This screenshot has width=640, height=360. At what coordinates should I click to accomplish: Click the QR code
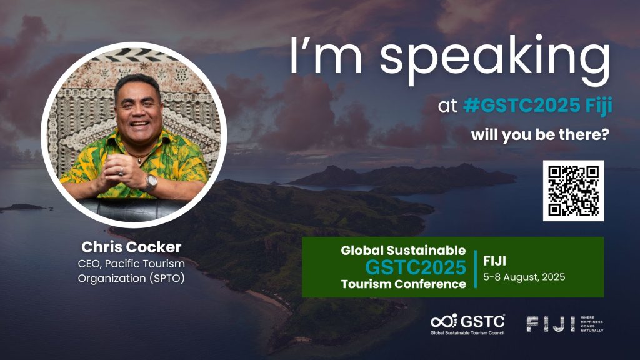pos(573,191)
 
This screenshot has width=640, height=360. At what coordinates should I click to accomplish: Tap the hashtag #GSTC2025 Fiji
pos(537,106)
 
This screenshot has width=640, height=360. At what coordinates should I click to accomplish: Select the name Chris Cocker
pos(131,247)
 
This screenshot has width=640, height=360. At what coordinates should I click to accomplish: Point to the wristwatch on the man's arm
pos(151,182)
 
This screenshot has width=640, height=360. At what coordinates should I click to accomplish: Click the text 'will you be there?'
pos(540,135)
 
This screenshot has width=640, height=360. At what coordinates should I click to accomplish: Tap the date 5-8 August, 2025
pos(524,277)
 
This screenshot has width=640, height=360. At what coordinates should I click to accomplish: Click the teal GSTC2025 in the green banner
pos(416,267)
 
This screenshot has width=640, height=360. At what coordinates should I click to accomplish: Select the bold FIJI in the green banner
pos(495,261)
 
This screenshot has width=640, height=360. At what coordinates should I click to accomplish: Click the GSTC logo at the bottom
pos(467,324)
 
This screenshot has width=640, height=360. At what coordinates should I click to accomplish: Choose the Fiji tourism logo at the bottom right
pos(565,324)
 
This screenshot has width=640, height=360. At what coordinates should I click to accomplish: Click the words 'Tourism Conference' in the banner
pos(404,284)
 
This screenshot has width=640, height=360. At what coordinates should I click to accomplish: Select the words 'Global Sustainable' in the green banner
pos(403,250)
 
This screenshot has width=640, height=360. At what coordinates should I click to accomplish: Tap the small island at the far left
pos(24,207)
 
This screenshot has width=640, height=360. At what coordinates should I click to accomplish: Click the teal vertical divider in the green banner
pos(476,269)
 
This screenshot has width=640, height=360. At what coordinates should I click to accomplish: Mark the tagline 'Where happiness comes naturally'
pos(592,324)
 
